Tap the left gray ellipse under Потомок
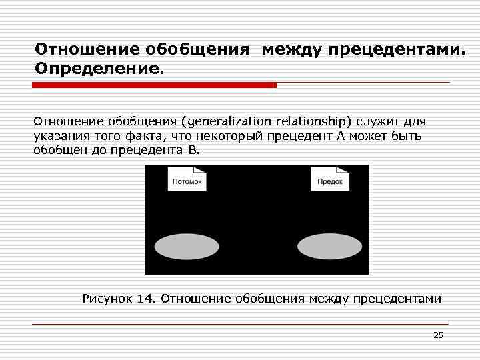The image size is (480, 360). pos(187,247)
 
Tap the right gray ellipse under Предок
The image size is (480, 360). pos(329,247)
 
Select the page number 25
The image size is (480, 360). pos(438,335)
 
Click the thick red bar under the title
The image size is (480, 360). pos(155,85)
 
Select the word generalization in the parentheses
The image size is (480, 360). pos(230,122)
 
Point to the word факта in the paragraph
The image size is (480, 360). pos(143,136)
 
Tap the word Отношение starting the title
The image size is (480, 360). pos(77,50)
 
